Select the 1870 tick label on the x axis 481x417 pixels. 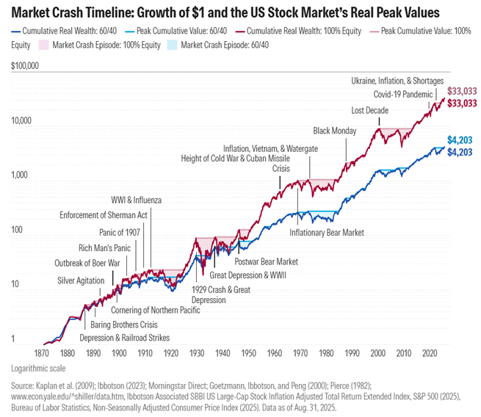coord(43,353)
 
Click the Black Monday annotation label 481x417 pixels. coord(334,131)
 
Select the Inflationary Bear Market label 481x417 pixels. coord(327,233)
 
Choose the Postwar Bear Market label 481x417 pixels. coord(266,261)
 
